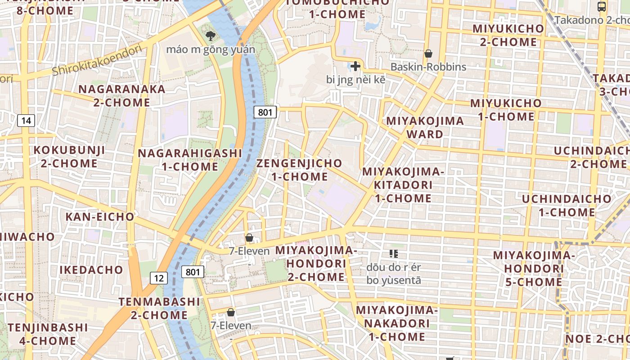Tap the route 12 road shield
(158, 278)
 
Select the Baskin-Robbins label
(428, 67)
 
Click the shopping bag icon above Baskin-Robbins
(428, 54)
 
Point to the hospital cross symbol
(355, 67)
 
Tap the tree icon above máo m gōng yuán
(210, 36)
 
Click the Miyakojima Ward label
(425, 127)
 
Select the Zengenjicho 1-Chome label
(299, 170)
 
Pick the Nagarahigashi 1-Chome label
(190, 160)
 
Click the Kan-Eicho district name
(100, 217)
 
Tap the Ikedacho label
(91, 270)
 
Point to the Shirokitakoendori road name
(97, 61)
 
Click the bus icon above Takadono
(602, 6)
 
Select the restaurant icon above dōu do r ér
(394, 254)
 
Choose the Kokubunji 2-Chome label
(69, 157)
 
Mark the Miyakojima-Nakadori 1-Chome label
(396, 324)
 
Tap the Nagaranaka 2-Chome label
(122, 95)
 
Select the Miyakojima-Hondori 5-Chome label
(534, 269)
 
